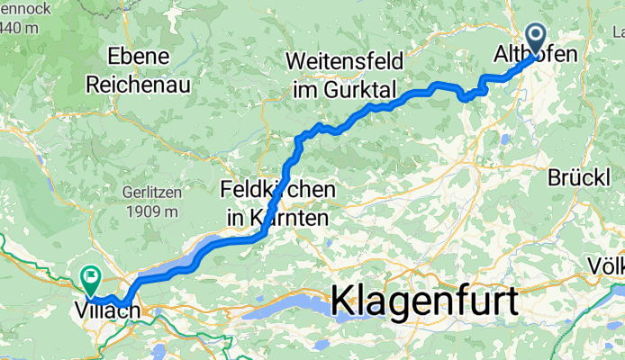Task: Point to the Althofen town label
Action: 535,56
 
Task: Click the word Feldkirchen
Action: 278,192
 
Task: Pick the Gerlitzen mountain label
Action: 150,193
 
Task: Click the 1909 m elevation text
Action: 150,212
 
